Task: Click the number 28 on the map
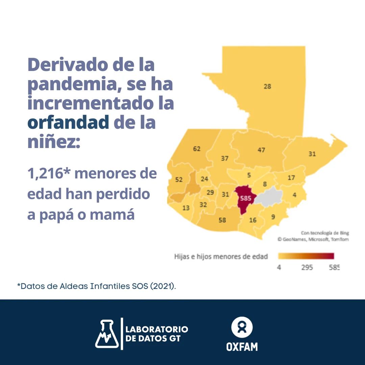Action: click(267, 87)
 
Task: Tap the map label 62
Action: click(197, 149)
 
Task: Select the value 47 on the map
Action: click(261, 150)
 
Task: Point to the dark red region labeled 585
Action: click(245, 199)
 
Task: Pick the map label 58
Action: click(222, 220)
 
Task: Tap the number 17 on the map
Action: click(291, 178)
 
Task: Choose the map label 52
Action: click(179, 180)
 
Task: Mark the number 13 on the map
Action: click(186, 208)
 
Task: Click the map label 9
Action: click(273, 217)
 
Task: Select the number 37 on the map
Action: click(225, 158)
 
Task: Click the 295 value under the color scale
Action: click(307, 268)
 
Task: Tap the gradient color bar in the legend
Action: click(306, 256)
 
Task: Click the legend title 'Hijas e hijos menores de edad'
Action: click(221, 257)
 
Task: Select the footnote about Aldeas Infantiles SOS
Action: click(97, 286)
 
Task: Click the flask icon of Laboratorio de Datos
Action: click(106, 334)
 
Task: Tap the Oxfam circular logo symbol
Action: click(242, 327)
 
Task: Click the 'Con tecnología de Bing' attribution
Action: click(325, 233)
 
